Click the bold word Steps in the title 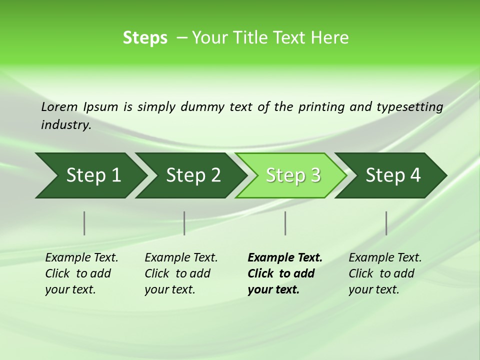pos(145,38)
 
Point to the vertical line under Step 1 pos(84,223)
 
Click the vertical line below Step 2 pos(184,223)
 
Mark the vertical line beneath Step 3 pos(285,223)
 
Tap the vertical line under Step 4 pos(386,223)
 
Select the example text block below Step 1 pos(81,273)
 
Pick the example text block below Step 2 pos(181,273)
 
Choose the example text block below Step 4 pos(385,273)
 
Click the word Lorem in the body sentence pos(59,107)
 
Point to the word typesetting pos(409,107)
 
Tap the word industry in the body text pos(65,125)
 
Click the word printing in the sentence pos(321,107)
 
